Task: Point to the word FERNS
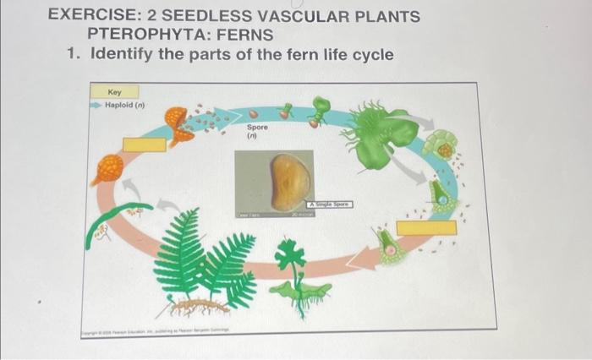pyautogui.click(x=244, y=35)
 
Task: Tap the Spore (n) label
pyautogui.click(x=257, y=131)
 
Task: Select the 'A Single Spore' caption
pyautogui.click(x=332, y=205)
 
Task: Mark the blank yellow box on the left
pyautogui.click(x=145, y=144)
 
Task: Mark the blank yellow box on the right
pyautogui.click(x=426, y=226)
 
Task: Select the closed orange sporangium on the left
pyautogui.click(x=107, y=169)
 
